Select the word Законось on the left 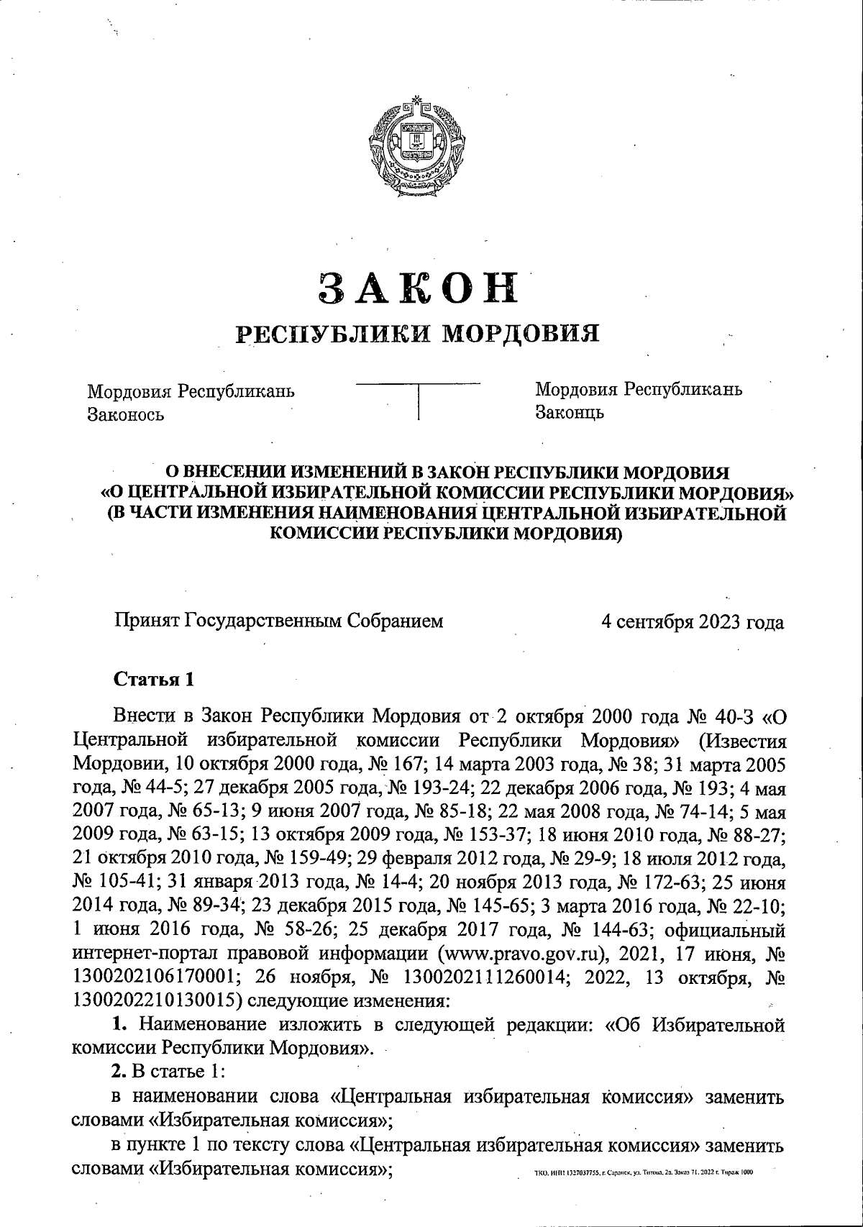coord(125,415)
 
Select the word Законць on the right coord(569,413)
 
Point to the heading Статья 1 coord(154,679)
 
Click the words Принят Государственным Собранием coord(279,621)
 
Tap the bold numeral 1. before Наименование coord(121,1023)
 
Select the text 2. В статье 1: coord(168,1071)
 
